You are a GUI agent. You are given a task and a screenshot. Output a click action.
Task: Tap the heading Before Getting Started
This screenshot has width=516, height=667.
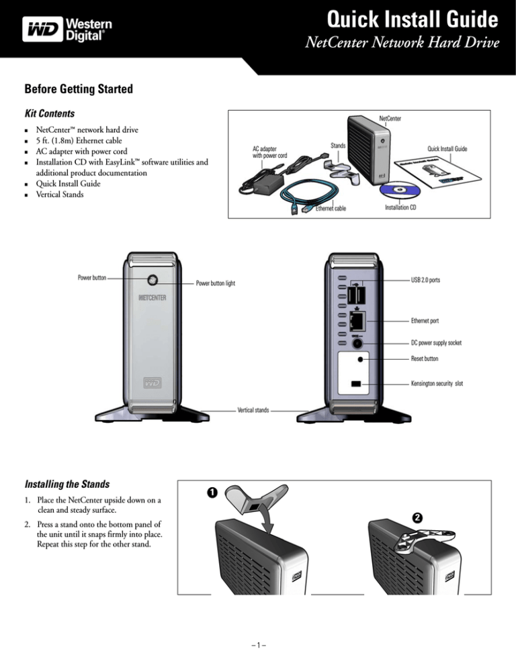click(x=80, y=89)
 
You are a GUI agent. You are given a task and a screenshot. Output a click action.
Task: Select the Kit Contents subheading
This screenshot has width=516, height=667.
click(x=50, y=114)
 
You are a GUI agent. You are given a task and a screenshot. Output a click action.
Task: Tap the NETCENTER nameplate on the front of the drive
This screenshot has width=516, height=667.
click(x=153, y=297)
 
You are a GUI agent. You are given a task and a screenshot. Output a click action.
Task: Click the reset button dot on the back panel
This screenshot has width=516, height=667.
click(x=362, y=360)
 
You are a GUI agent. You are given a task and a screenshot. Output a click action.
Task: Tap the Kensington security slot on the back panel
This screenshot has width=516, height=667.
click(x=356, y=384)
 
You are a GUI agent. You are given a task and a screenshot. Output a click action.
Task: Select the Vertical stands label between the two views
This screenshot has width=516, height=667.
click(x=253, y=409)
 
